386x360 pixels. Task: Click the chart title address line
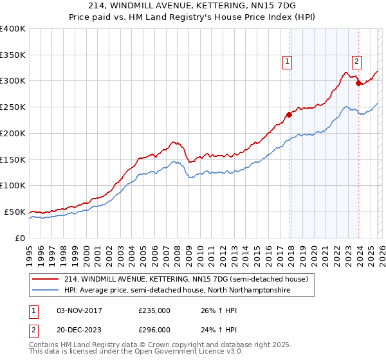pos(192,6)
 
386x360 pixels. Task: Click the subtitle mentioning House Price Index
pos(192,17)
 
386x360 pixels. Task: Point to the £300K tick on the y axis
pos(12,81)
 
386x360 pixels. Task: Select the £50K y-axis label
pos(15,212)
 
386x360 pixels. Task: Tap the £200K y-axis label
pos(12,133)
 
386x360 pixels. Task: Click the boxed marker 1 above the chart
pos(286,62)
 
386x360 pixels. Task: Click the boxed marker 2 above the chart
pos(356,62)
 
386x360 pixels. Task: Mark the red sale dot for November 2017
pos(289,115)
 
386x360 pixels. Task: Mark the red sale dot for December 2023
pos(358,83)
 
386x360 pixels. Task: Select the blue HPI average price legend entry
pos(177,291)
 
